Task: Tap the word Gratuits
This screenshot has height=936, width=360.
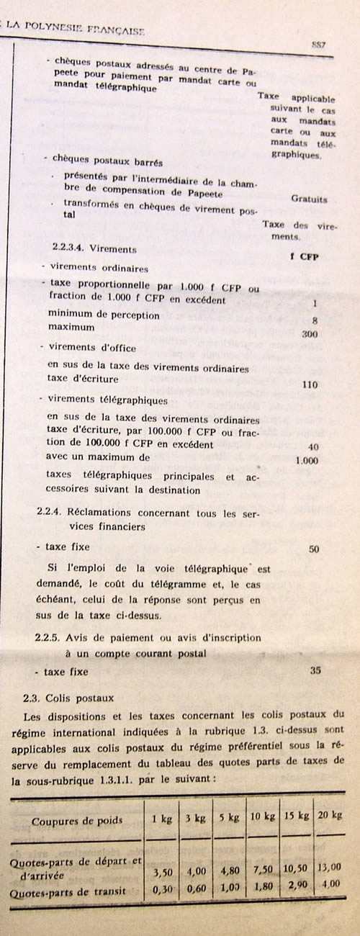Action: tap(310, 199)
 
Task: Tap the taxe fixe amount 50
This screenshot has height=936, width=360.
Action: tap(313, 549)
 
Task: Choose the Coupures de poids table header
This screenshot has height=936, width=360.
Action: tap(76, 820)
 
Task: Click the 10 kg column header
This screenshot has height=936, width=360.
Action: tap(260, 818)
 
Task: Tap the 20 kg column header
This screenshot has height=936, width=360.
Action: tap(331, 815)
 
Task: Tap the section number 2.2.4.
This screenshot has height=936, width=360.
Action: tap(50, 513)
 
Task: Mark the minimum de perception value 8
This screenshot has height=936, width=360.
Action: tap(315, 320)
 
